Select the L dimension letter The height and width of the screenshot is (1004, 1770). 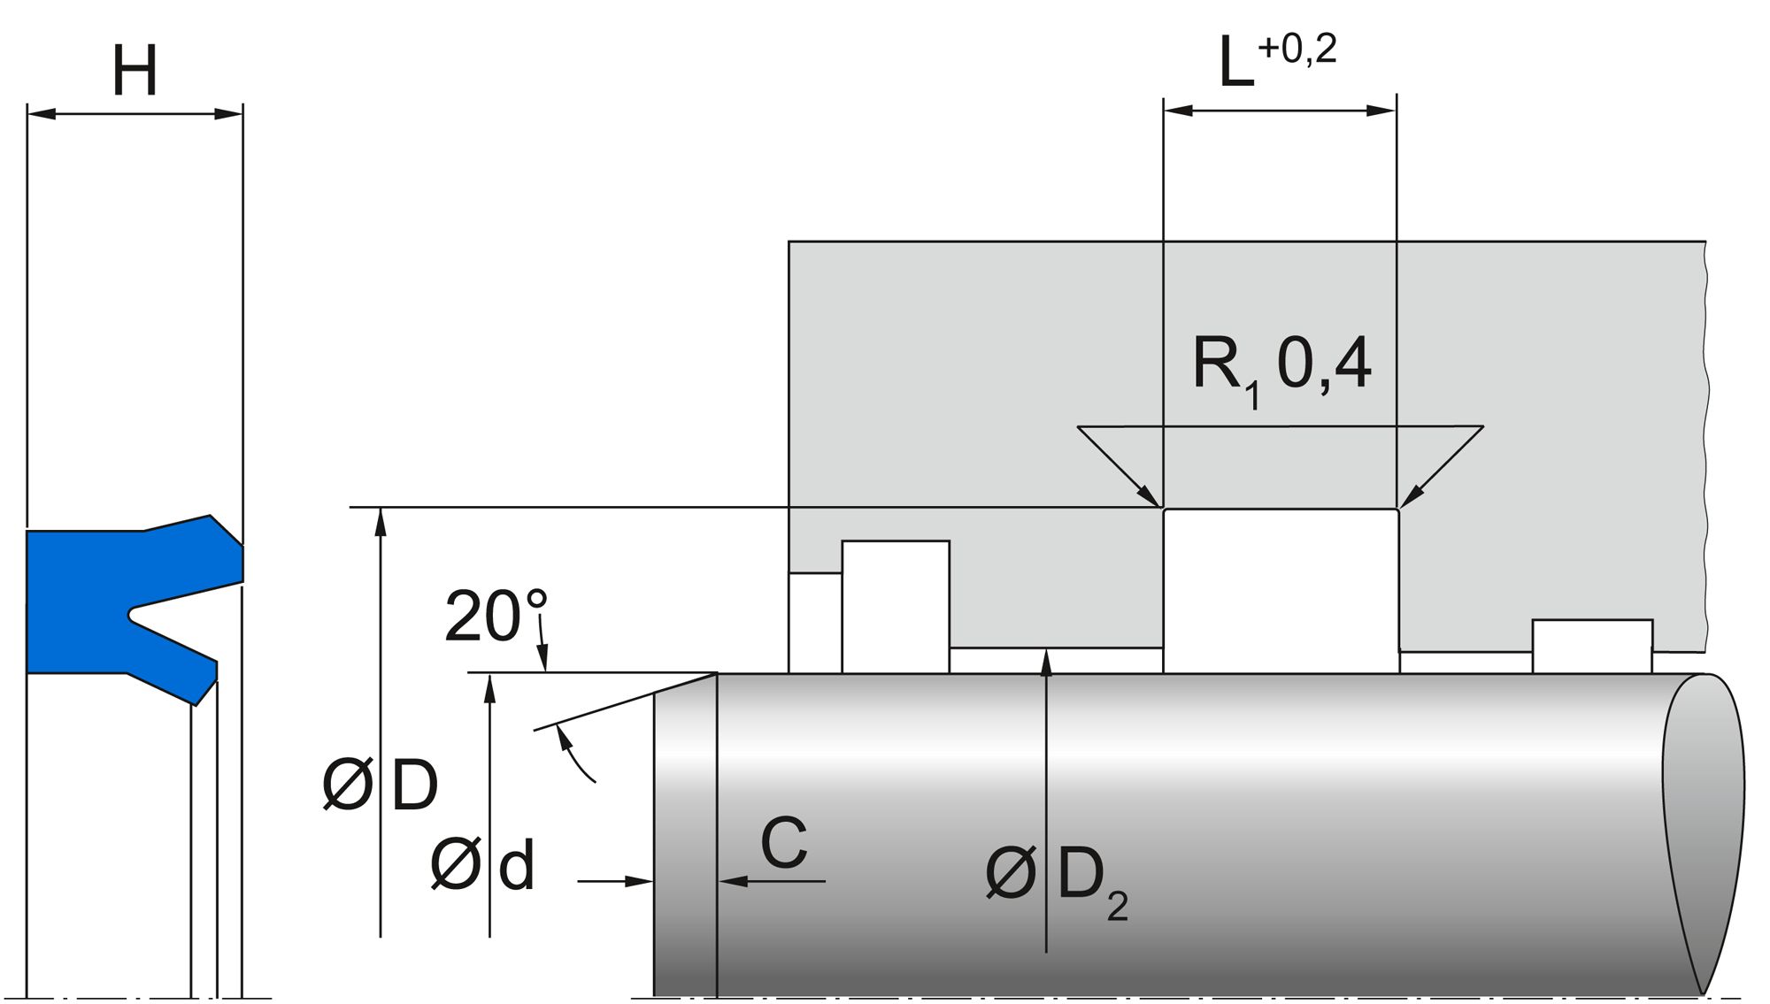point(1235,64)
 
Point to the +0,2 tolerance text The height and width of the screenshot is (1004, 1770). point(1297,49)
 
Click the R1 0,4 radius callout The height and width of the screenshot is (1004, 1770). point(1281,365)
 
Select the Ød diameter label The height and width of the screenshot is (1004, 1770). point(482,865)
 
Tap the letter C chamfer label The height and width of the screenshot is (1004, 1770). point(783,842)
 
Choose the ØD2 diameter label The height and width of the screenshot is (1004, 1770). point(1056,878)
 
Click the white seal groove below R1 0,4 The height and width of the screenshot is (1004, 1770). point(1281,590)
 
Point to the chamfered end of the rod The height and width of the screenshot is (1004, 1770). point(684,832)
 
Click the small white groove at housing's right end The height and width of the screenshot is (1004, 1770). point(1592,647)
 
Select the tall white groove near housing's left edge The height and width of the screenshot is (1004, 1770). point(895,606)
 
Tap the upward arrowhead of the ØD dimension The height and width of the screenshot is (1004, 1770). point(381,521)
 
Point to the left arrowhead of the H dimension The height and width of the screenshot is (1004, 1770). point(41,114)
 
